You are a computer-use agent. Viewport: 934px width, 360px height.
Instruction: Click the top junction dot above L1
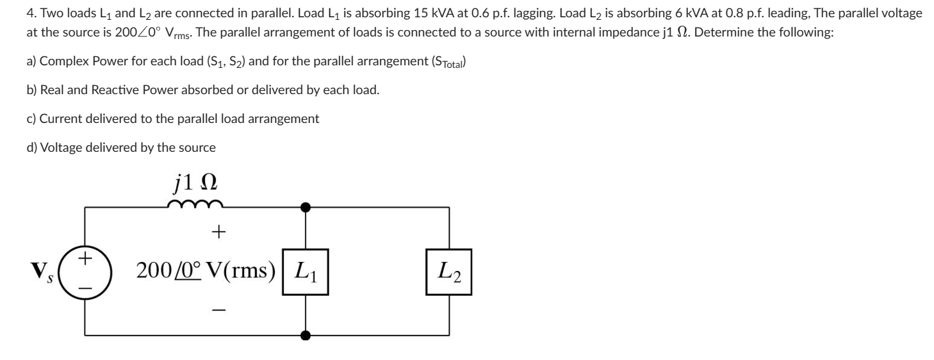[x=306, y=207]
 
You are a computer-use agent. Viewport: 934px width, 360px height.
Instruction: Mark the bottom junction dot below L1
[x=306, y=334]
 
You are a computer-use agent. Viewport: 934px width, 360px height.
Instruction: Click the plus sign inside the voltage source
[x=86, y=259]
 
